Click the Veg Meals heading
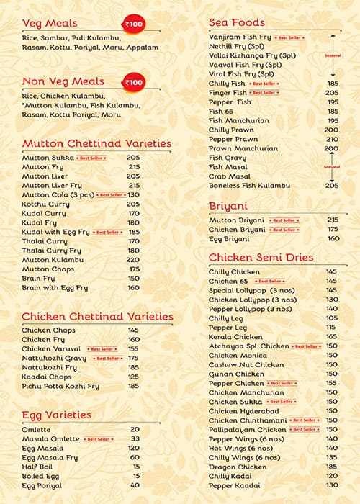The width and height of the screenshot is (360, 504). pyautogui.click(x=50, y=23)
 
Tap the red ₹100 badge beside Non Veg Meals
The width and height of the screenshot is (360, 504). pyautogui.click(x=134, y=83)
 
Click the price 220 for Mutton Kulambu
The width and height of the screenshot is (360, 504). pyautogui.click(x=132, y=259)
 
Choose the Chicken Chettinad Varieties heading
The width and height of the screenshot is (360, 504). pyautogui.click(x=97, y=316)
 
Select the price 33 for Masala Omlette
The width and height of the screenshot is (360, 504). pyautogui.click(x=135, y=438)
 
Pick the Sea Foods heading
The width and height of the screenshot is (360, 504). pyautogui.click(x=237, y=22)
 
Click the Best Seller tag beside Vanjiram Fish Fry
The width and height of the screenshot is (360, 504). pyautogui.click(x=294, y=37)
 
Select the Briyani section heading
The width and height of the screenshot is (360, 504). pyautogui.click(x=228, y=205)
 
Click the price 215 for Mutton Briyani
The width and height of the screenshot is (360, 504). pyautogui.click(x=332, y=220)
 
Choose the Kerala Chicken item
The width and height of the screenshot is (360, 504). pyautogui.click(x=235, y=336)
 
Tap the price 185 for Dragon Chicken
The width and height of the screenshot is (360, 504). pyautogui.click(x=332, y=467)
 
